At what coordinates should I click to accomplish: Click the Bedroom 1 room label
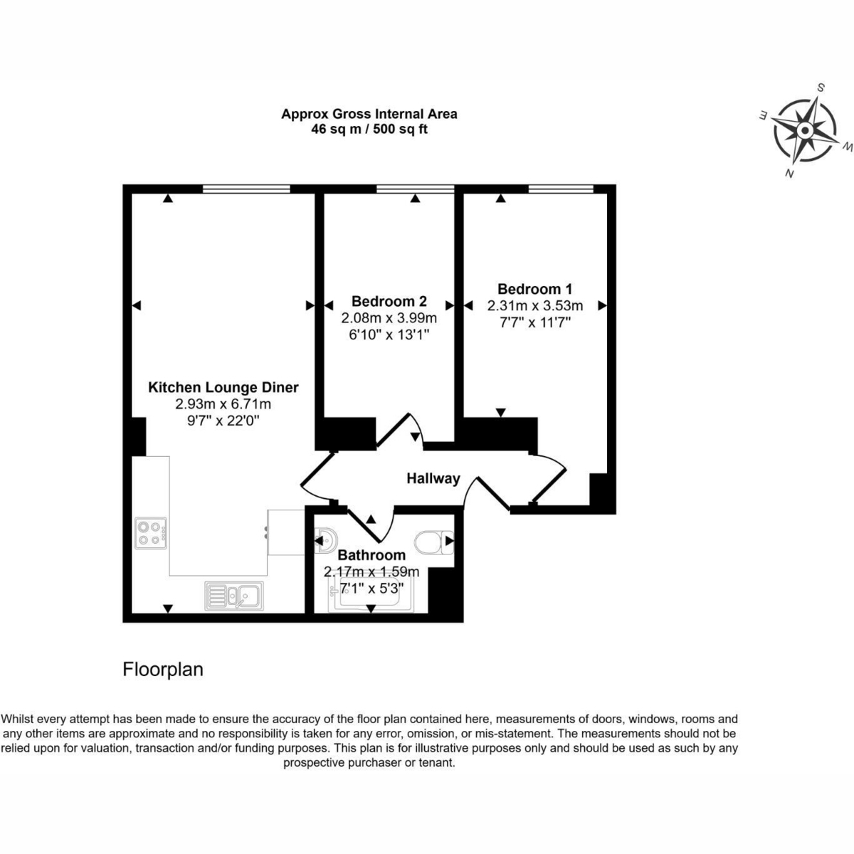[x=534, y=289]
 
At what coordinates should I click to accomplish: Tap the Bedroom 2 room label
[x=389, y=301]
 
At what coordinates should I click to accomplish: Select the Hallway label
[x=433, y=479]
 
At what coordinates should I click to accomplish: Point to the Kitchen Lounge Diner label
[x=223, y=388]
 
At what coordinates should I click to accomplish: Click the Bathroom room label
[x=371, y=555]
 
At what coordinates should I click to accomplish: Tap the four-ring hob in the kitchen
[x=151, y=533]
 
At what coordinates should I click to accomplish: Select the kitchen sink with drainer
[x=234, y=596]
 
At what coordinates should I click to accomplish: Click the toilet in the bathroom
[x=434, y=542]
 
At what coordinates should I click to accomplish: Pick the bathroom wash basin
[x=326, y=541]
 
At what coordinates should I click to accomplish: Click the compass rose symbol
[x=805, y=130]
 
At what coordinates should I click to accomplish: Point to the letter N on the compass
[x=789, y=174]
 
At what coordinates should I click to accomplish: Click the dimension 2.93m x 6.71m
[x=223, y=404]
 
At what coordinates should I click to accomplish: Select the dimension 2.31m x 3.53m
[x=535, y=306]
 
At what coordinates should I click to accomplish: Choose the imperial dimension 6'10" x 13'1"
[x=389, y=334]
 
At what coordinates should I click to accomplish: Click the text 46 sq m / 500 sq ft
[x=369, y=130]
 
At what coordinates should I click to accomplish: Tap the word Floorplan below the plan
[x=163, y=669]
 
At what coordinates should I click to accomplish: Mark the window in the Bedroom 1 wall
[x=561, y=189]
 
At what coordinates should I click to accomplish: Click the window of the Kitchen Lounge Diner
[x=246, y=189]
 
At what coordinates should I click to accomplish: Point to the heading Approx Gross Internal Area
[x=369, y=115]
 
